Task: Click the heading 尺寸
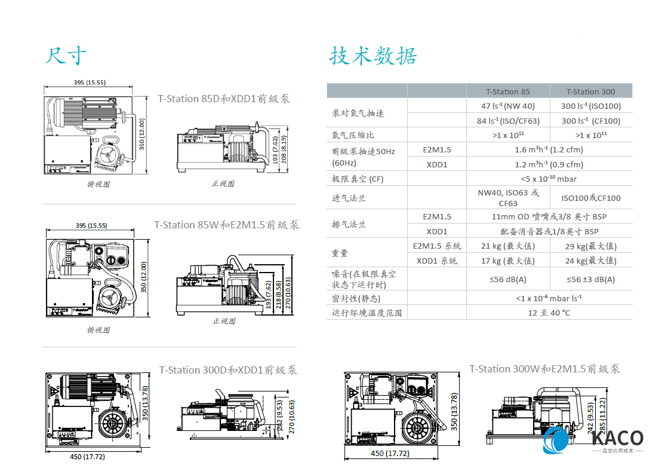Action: [x=66, y=56]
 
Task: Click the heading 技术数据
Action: [x=373, y=56]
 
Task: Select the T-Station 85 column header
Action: [x=507, y=91]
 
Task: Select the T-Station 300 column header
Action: [x=590, y=91]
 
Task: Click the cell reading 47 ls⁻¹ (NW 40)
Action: [x=507, y=106]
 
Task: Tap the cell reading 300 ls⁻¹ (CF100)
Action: [x=590, y=121]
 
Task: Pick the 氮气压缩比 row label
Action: [x=353, y=135]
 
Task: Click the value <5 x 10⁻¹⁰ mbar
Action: [x=549, y=179]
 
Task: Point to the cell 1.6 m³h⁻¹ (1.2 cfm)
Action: [x=549, y=150]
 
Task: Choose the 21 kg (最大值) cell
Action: [x=507, y=246]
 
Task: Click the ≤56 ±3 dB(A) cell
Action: [x=590, y=279]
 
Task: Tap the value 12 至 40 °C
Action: [x=549, y=313]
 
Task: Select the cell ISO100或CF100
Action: [x=590, y=198]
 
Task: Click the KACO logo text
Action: [x=617, y=438]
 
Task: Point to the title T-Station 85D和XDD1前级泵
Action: [x=224, y=99]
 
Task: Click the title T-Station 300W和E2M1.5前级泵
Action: [x=544, y=369]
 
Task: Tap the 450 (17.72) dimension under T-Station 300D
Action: [x=84, y=457]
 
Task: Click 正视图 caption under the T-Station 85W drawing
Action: [x=224, y=321]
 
